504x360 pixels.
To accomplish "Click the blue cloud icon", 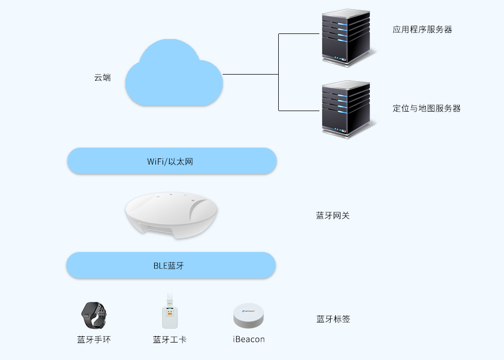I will point(174,77).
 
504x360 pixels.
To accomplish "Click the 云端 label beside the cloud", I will point(102,78).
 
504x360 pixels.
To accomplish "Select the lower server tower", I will point(346,109).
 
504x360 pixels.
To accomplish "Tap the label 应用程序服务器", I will point(422,30).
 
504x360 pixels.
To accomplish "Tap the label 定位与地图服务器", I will point(426,109).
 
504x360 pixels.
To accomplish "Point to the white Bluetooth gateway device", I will point(171,215).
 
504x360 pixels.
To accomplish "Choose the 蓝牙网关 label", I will point(333,215).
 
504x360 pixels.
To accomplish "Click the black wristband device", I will point(95,315).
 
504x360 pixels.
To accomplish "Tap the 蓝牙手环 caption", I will point(94,339).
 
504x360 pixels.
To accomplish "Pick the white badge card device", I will point(170,317).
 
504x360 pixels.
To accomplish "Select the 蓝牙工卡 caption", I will point(170,339).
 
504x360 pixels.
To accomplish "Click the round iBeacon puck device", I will point(248,316).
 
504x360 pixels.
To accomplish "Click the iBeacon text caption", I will point(248,339).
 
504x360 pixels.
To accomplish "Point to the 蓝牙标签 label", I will point(333,319).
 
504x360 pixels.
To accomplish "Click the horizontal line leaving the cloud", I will point(250,75).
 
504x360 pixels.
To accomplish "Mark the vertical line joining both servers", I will point(279,72).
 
